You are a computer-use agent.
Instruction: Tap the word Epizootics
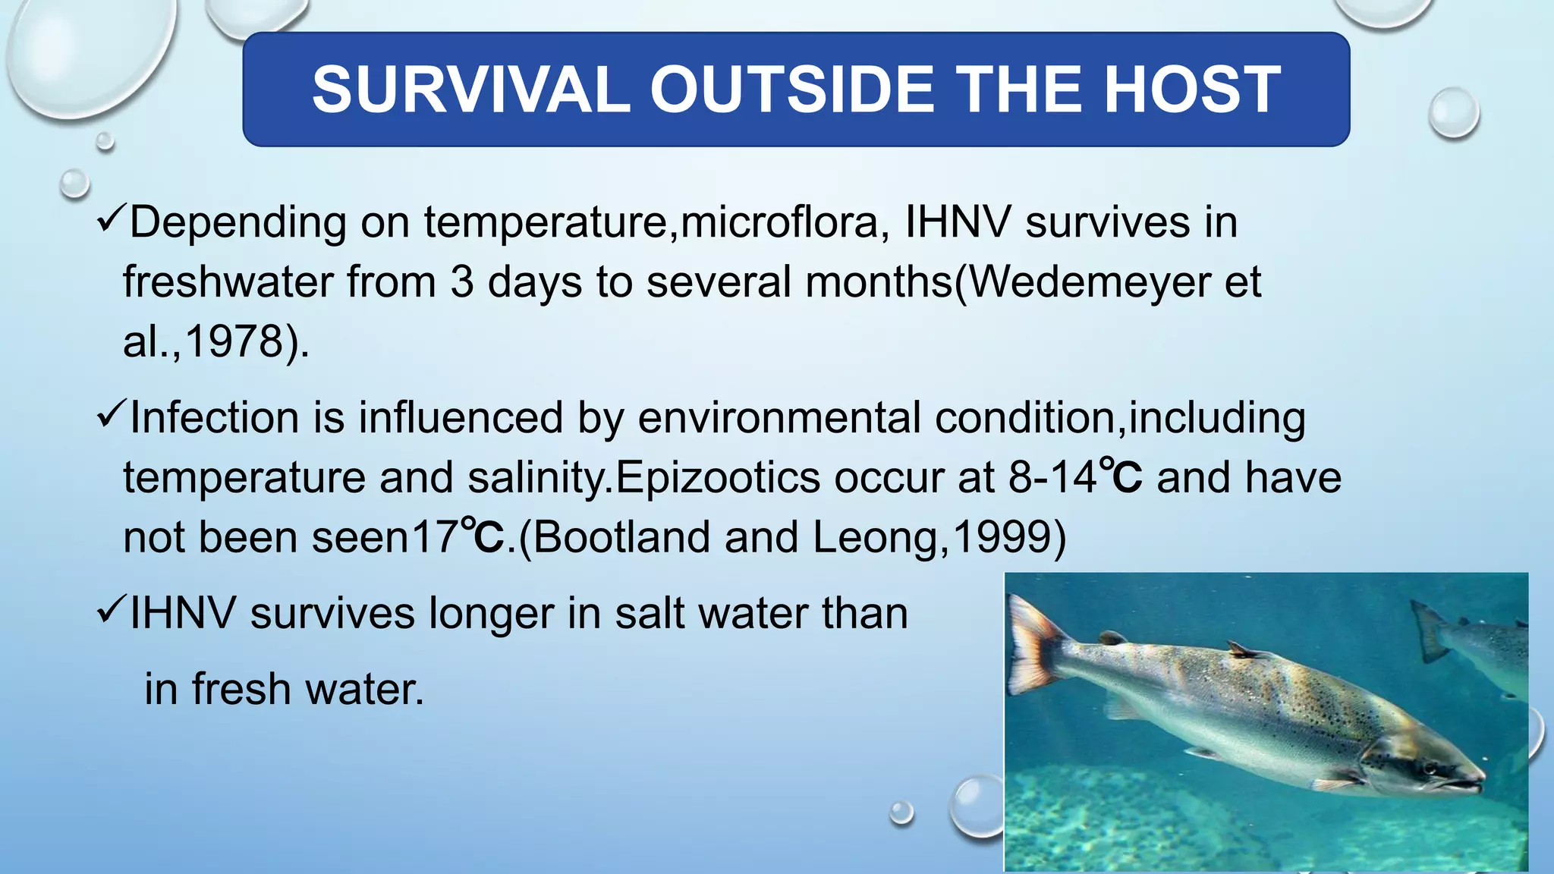(718, 478)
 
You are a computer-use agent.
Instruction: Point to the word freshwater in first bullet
(228, 282)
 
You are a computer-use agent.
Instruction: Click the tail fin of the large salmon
(1035, 645)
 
